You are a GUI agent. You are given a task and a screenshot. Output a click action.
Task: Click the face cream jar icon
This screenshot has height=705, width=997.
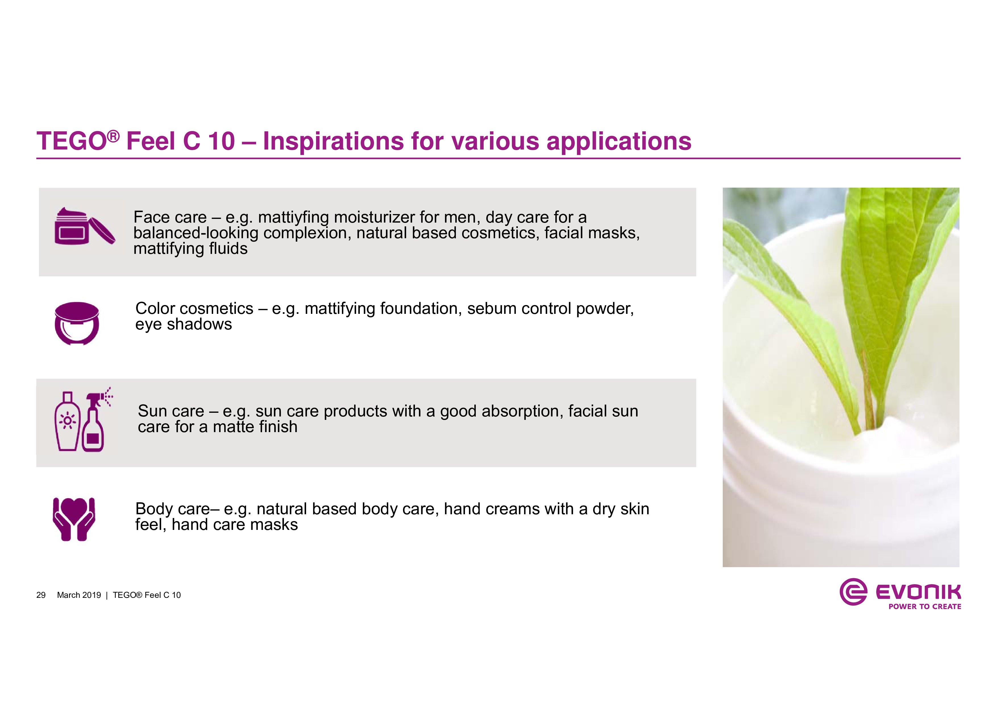(x=85, y=226)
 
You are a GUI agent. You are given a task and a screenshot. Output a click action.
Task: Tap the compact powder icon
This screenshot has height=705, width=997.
(x=77, y=323)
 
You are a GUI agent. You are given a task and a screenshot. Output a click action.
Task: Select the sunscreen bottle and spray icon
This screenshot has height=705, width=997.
(x=83, y=419)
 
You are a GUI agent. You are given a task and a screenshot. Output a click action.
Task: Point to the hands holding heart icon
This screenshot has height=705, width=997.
(x=74, y=519)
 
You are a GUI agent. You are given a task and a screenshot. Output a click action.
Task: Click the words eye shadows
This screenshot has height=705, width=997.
(x=184, y=324)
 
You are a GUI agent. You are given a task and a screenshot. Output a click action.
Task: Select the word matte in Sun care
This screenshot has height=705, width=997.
(x=232, y=427)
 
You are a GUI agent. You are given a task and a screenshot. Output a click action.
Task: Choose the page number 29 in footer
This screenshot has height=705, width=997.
(x=41, y=595)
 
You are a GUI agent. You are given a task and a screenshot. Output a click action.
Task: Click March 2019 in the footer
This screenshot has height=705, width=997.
(x=79, y=595)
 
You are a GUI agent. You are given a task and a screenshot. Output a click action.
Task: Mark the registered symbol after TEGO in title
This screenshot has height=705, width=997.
(x=113, y=137)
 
